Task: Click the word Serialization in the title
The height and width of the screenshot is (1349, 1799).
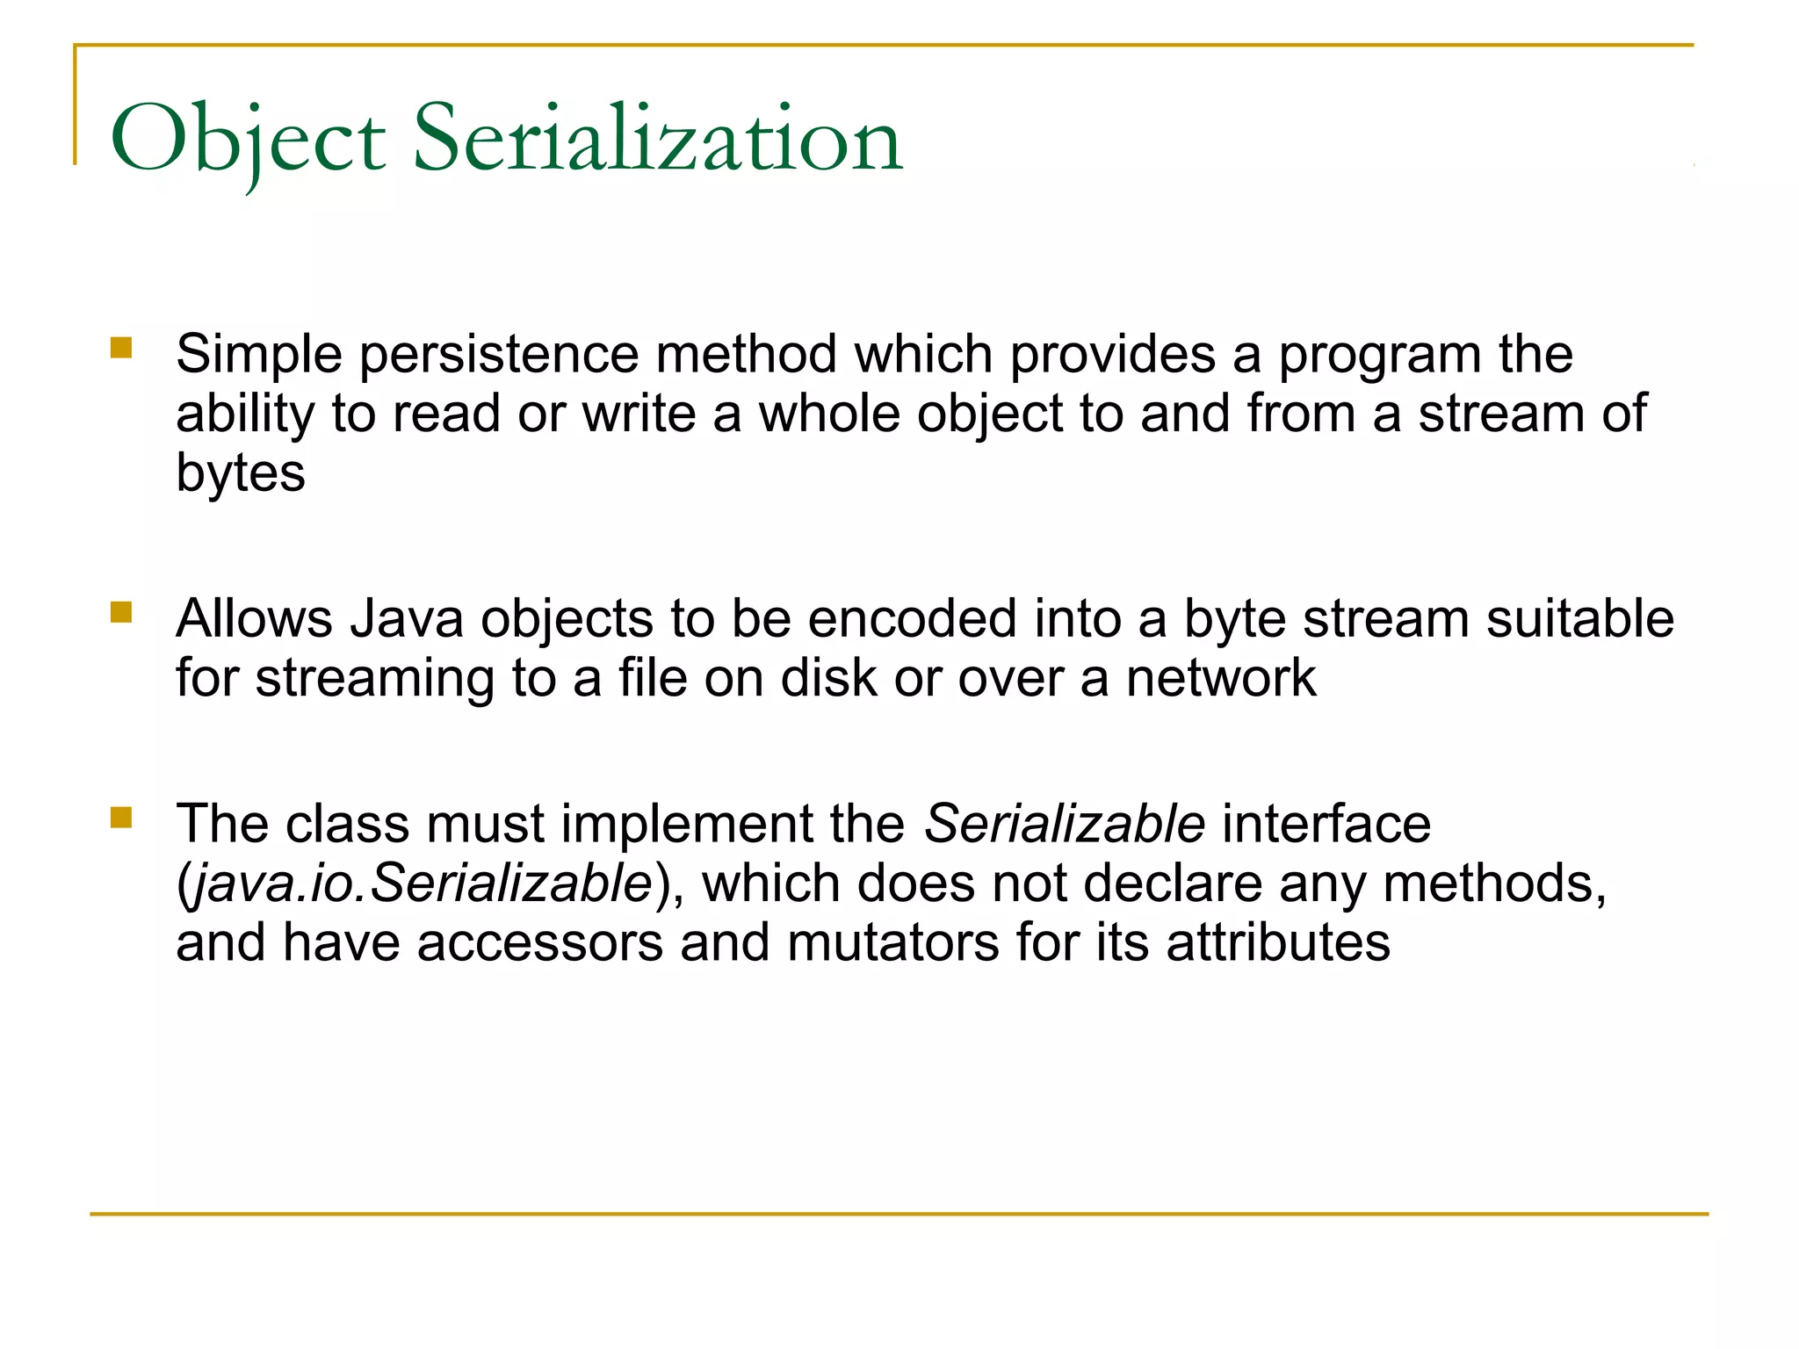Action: pos(657,139)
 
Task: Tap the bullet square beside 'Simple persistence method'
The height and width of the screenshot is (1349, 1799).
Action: pos(121,349)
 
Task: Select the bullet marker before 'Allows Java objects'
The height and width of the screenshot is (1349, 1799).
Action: pos(121,612)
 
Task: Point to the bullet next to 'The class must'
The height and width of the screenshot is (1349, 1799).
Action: pos(121,819)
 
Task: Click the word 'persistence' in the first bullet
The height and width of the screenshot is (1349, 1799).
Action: pos(499,356)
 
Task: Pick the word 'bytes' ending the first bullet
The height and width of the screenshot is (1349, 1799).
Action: pos(241,474)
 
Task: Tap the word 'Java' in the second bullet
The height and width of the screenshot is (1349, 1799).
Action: pos(407,619)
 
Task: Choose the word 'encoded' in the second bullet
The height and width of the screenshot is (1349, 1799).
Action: pos(912,619)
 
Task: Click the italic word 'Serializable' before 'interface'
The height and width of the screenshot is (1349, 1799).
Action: pos(1065,825)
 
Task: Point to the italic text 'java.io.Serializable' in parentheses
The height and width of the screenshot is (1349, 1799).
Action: pos(422,884)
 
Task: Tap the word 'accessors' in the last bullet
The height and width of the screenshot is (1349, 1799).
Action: pos(539,943)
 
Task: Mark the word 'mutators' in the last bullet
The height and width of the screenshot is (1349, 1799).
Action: pos(892,943)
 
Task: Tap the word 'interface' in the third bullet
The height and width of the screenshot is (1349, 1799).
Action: pos(1326,825)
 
